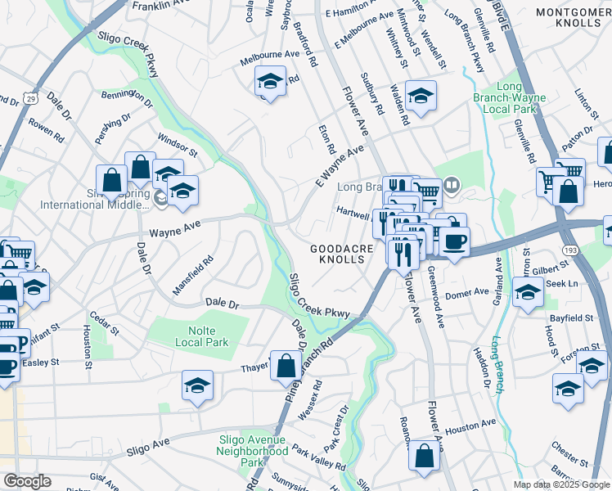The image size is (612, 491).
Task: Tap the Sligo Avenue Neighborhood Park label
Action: (254, 451)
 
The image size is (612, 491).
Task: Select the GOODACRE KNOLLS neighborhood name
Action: (342, 254)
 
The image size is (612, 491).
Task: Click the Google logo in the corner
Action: (27, 481)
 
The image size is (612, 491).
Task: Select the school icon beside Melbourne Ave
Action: (270, 81)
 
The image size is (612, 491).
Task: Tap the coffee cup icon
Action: (455, 241)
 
